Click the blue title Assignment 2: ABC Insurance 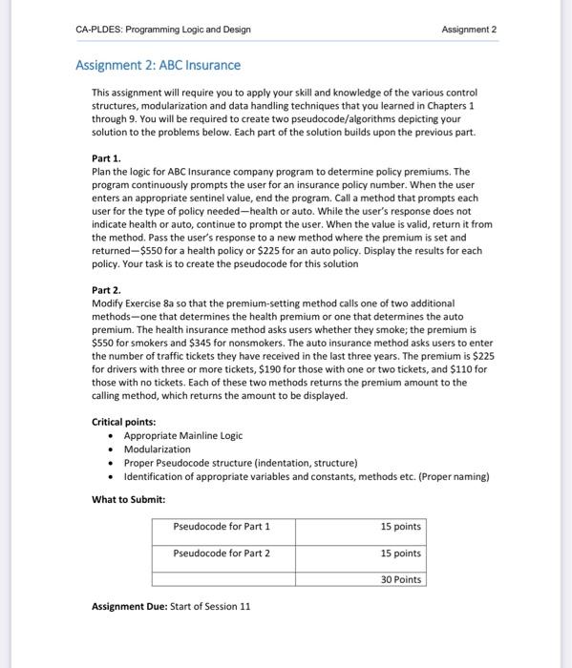158,65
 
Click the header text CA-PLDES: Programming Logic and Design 162,30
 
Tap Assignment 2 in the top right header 470,30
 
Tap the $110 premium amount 475,368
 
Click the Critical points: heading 126,422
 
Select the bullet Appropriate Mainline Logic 182,435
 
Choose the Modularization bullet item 157,449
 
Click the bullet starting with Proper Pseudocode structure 241,462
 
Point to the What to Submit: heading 128,499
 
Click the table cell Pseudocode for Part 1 222,526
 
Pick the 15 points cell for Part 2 400,553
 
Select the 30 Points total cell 400,579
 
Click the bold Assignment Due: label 129,606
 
